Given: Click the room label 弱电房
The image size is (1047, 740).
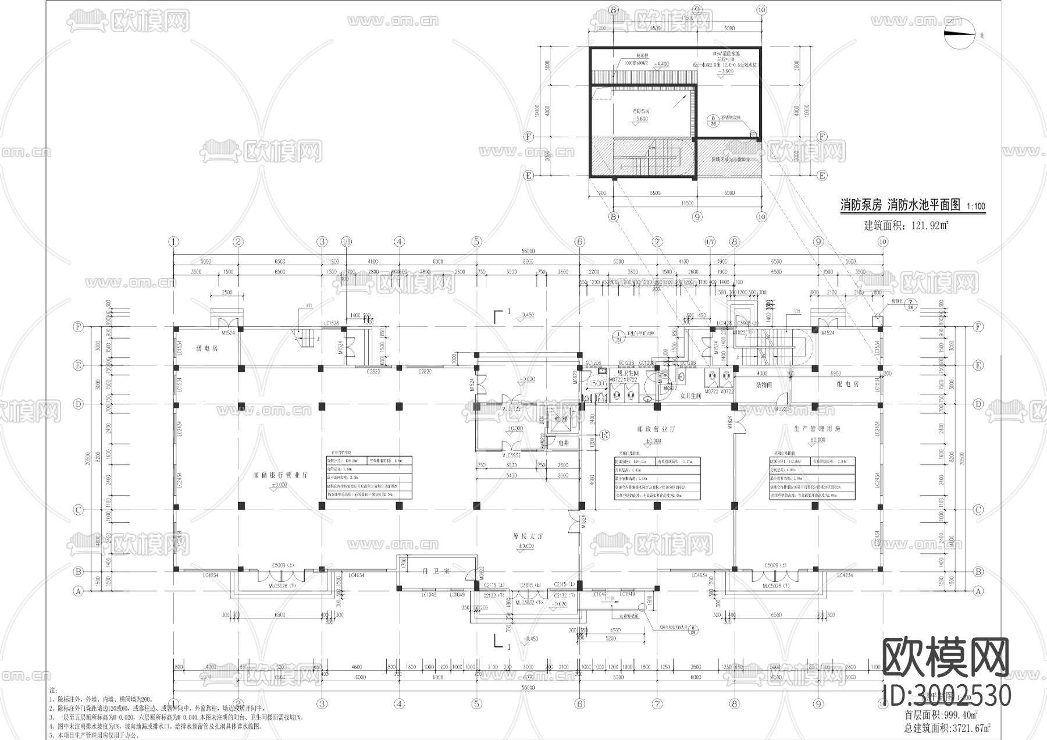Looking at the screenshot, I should [206, 348].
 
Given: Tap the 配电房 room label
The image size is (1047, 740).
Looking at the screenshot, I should [847, 385].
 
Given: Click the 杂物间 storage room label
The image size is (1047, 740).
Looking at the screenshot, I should [763, 385].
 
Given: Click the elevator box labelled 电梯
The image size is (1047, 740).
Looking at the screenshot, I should [560, 419].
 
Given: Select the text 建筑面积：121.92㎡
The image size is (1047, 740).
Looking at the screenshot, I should [906, 225].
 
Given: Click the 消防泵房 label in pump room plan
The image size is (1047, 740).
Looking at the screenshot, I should [640, 110].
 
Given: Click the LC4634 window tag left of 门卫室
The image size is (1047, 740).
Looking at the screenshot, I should [357, 575].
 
